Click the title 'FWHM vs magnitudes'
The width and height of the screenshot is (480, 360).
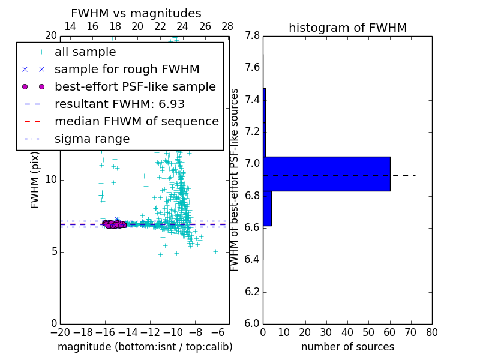[136, 13]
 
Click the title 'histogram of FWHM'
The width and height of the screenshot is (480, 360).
[347, 28]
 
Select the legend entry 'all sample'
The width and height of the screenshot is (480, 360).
[85, 52]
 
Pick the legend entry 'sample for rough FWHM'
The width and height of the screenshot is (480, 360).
[127, 70]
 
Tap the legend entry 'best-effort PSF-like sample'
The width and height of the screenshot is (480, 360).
[135, 87]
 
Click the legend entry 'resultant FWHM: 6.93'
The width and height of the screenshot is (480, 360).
[119, 104]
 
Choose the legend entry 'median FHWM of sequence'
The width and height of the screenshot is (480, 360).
[136, 122]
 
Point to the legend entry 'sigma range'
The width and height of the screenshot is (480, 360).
[92, 139]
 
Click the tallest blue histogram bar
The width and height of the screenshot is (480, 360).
[327, 174]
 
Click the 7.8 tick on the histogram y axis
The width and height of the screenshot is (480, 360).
[252, 36]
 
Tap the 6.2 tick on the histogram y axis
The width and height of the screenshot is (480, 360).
[252, 292]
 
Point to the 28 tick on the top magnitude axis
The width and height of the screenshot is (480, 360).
[227, 26]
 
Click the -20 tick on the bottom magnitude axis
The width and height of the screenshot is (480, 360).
[60, 332]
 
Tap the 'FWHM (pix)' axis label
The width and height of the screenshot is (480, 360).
[35, 180]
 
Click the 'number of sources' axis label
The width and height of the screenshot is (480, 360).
[347, 347]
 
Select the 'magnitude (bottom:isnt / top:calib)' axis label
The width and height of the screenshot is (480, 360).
[145, 347]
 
